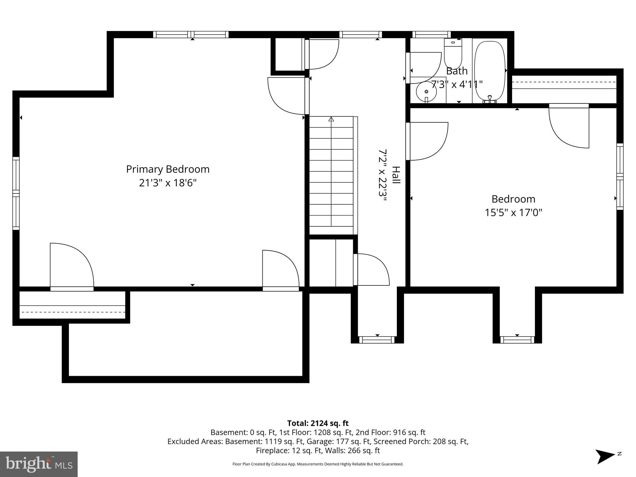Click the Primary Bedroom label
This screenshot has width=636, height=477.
168,170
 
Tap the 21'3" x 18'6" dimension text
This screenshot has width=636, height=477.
168,183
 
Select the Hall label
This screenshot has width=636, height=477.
396,175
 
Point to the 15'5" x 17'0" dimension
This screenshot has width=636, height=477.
513,213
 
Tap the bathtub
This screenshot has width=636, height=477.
490,71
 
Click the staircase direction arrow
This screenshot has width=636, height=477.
331,119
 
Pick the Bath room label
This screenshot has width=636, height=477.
457,71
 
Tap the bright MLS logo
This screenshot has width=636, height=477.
39,464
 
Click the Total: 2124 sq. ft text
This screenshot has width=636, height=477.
318,423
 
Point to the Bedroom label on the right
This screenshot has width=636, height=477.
513,199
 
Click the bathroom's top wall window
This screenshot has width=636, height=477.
431,34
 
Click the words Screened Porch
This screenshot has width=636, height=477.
413,441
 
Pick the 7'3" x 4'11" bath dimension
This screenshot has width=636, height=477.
457,84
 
